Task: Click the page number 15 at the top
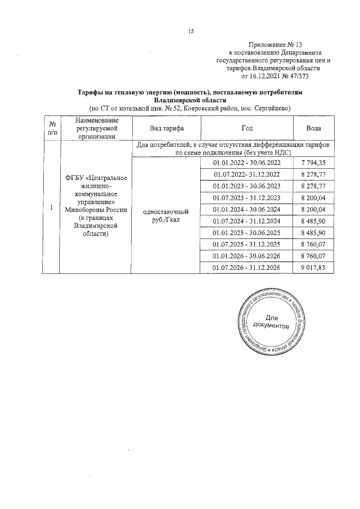[191, 31]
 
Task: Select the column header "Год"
[246, 128]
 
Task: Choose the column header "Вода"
[313, 128]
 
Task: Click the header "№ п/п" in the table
[51, 128]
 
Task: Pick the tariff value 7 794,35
[313, 163]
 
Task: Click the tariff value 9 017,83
[313, 267]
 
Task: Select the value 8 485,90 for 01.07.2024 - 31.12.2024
[313, 220]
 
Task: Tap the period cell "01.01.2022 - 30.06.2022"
[246, 163]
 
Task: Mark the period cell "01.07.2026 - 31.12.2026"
[246, 267]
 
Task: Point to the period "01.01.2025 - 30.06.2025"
[246, 232]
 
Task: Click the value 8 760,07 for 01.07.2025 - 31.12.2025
[313, 244]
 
